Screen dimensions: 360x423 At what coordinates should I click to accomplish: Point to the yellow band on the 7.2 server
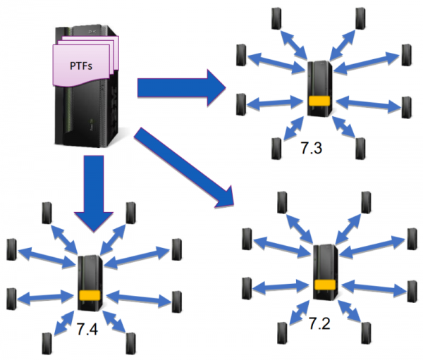(x=325, y=285)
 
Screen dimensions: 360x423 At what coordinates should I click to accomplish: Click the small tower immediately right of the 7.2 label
(x=364, y=331)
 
